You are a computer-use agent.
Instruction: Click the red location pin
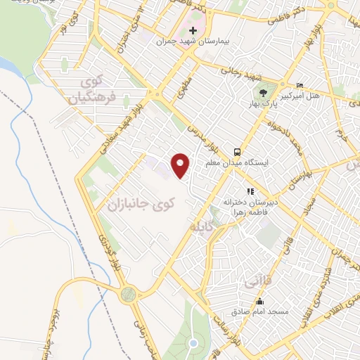pos(181,165)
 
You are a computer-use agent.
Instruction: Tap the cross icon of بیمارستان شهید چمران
pos(193,32)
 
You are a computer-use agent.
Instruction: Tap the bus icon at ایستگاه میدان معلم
pos(238,151)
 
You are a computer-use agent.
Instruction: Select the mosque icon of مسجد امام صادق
pos(239,300)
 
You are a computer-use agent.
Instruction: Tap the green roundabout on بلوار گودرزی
pos(127,294)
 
